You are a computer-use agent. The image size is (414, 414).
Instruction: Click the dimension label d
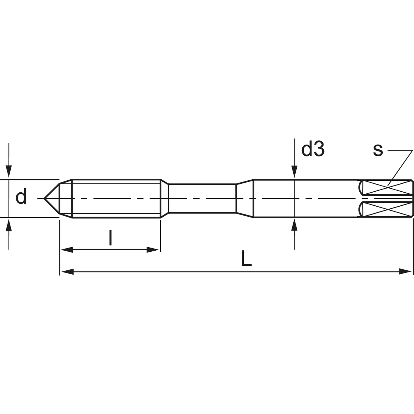[x=21, y=196]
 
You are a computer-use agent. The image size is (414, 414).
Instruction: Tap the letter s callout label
[x=378, y=150]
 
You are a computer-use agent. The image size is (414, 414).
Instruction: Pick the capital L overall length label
[x=246, y=258]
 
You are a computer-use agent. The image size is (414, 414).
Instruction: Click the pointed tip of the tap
[x=44, y=198]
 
